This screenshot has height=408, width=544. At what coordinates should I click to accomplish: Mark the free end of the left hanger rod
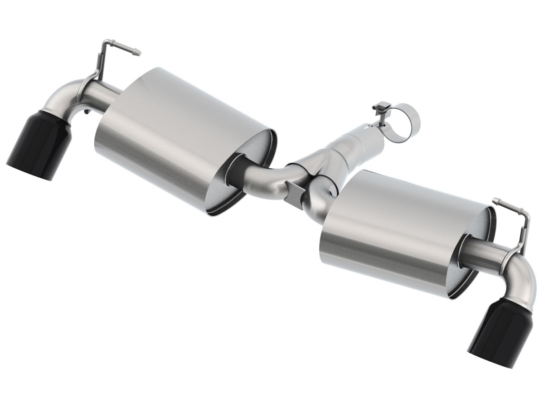point(138,53)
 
